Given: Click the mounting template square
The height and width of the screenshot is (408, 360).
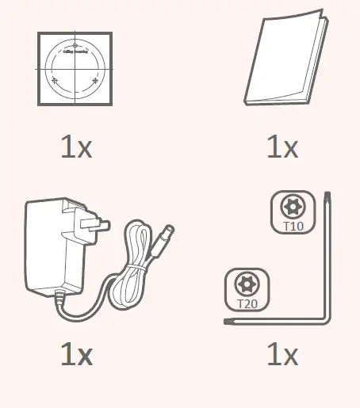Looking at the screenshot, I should pos(75,68).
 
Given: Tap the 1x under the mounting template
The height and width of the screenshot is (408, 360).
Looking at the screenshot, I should pos(76,147).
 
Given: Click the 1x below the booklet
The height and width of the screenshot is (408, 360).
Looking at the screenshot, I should pos(282,147).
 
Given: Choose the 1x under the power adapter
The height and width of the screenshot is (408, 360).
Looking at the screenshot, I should pos(76,354).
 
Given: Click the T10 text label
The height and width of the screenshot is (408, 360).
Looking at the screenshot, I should pos(293,226).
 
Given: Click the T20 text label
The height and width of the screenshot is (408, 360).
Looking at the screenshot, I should pos(247,303).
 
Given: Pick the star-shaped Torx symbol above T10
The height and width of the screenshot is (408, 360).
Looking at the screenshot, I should pos(293,208).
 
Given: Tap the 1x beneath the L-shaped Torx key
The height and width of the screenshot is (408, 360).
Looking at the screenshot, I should pos(282,354).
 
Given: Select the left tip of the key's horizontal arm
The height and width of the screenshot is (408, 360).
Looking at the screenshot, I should pos(227,322).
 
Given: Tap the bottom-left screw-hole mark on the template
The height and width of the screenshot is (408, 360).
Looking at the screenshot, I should pos(55,81).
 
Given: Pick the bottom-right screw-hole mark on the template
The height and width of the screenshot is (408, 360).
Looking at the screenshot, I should pos(96,81).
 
